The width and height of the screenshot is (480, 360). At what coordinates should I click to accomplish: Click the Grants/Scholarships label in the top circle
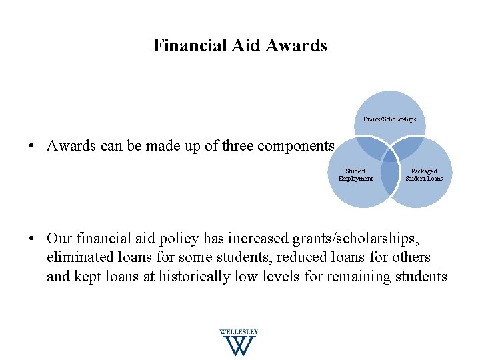coord(390,119)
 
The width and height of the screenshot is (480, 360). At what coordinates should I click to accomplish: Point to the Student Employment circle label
coord(355,175)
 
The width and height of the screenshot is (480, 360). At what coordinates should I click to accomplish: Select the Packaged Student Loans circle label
coord(424,175)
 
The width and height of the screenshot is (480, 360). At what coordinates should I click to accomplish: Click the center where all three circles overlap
coord(390,152)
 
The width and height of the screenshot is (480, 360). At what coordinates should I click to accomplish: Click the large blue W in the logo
coord(238,345)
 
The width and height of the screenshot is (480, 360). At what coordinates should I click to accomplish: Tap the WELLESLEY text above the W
coord(238,332)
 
